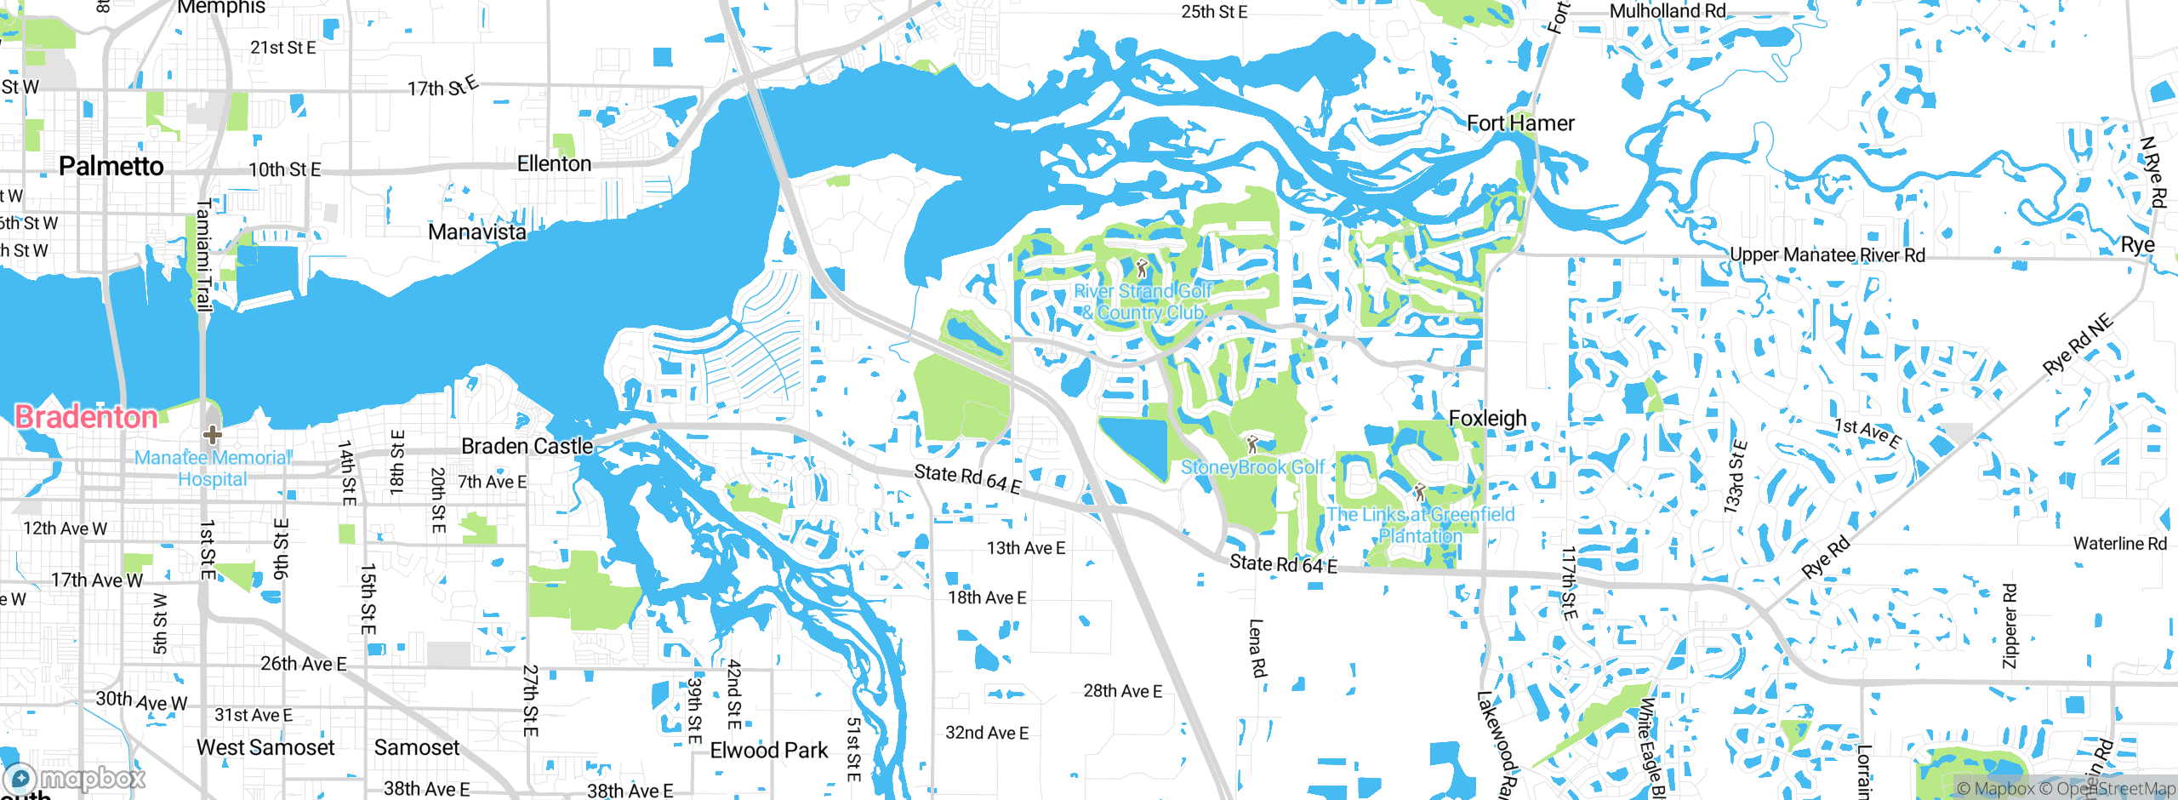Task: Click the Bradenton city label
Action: tap(86, 417)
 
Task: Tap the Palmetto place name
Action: tap(111, 166)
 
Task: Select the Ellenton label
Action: tap(554, 163)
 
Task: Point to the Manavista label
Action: tap(476, 231)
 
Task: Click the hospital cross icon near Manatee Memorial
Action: tap(212, 435)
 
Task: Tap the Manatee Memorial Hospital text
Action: tap(213, 468)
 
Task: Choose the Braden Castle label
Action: tap(527, 446)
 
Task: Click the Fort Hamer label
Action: tap(1520, 123)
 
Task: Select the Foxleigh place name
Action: tap(1487, 418)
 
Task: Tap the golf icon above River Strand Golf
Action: tap(1142, 269)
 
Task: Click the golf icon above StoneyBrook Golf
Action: tap(1251, 444)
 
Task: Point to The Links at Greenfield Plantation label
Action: tap(1421, 525)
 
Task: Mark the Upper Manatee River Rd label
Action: tap(1827, 255)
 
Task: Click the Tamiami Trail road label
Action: tap(203, 255)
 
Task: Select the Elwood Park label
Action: tap(768, 750)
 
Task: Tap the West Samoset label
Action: tap(265, 747)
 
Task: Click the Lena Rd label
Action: tap(1257, 648)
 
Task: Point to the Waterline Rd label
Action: tap(2119, 543)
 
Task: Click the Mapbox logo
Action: tap(75, 778)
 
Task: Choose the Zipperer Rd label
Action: tap(2010, 626)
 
